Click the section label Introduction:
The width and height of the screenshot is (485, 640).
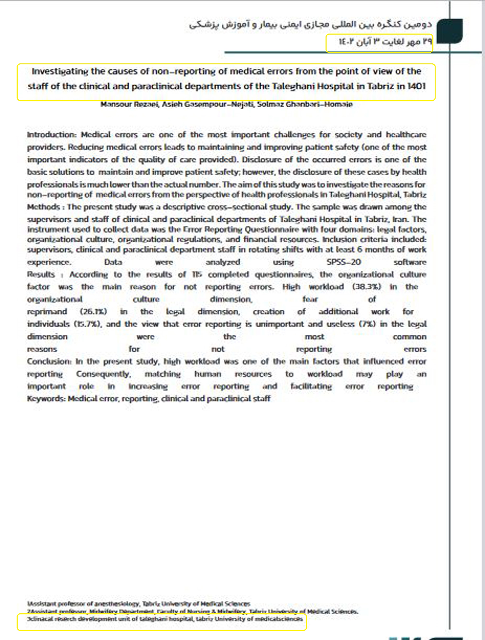tap(51, 135)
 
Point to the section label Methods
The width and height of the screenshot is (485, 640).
tap(43, 207)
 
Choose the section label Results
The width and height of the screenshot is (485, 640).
tap(41, 275)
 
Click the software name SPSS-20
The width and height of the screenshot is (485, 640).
tap(343, 262)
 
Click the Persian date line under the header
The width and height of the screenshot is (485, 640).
tap(385, 42)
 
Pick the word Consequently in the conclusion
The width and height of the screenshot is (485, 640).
tap(103, 374)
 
